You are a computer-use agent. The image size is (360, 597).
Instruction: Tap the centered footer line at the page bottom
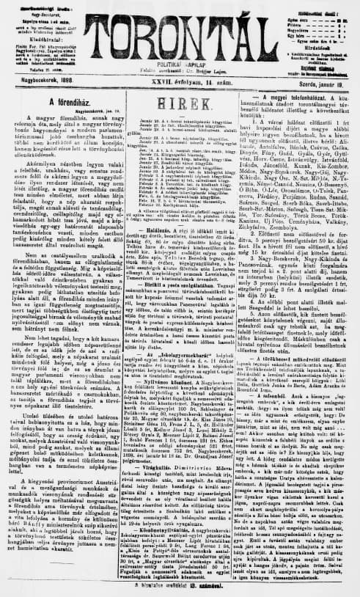pos(180,588)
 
